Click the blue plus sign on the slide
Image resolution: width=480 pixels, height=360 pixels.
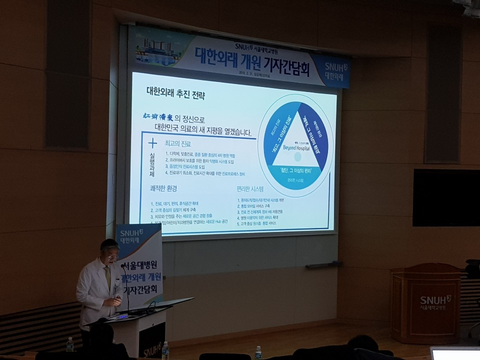pos(152,144)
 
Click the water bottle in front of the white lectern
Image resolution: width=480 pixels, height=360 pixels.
pos(165,350)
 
